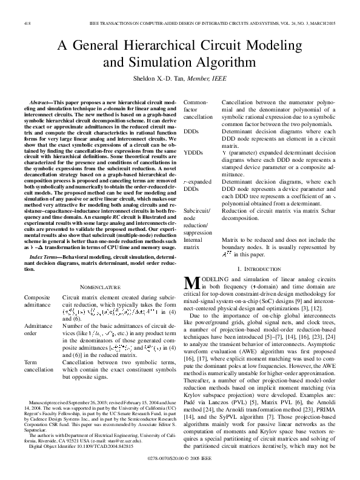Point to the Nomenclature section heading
[x=99, y=286]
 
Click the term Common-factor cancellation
[x=198, y=108]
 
